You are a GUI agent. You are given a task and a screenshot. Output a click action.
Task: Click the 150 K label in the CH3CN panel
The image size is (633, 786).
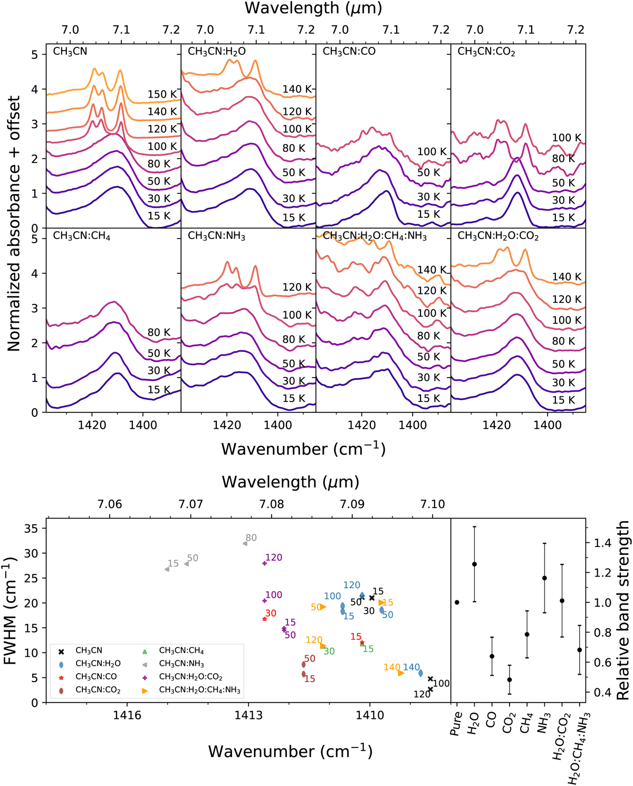click(x=162, y=94)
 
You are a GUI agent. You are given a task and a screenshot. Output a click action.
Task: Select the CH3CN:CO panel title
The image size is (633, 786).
click(x=349, y=52)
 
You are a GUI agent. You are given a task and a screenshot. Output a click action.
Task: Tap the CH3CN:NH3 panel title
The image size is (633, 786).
click(x=216, y=236)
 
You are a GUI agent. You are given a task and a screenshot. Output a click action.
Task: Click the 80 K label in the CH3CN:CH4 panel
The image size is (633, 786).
click(x=159, y=332)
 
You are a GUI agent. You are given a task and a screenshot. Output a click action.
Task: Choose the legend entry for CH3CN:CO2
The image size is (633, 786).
click(x=98, y=689)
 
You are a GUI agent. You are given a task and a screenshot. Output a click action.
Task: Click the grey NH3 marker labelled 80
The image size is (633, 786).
click(x=245, y=543)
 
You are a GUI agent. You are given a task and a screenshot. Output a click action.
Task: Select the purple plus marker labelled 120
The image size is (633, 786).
click(x=265, y=563)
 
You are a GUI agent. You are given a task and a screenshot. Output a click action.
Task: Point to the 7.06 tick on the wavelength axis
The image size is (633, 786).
click(x=110, y=504)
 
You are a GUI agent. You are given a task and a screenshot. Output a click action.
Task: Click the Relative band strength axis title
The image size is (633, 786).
click(x=624, y=610)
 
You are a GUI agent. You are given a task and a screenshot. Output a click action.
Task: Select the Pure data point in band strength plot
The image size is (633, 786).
click(x=457, y=602)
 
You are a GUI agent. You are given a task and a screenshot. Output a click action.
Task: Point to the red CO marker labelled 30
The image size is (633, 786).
click(x=264, y=619)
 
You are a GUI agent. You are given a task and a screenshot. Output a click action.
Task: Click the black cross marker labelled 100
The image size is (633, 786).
click(x=430, y=679)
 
